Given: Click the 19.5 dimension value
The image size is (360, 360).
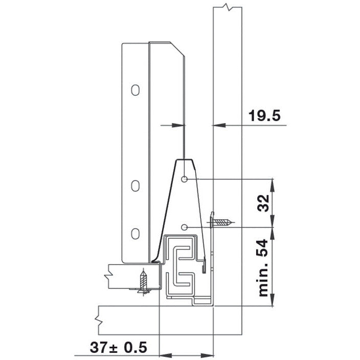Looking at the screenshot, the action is pyautogui.click(x=264, y=116).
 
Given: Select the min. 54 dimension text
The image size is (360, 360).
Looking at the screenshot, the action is pyautogui.click(x=263, y=268).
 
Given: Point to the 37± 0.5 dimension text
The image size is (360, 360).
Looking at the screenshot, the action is pyautogui.click(x=118, y=348).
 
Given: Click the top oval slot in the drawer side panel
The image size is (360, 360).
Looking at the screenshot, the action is pyautogui.click(x=135, y=90).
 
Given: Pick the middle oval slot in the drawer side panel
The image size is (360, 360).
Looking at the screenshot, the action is pyautogui.click(x=135, y=186).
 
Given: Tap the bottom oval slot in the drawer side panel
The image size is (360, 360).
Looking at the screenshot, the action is pyautogui.click(x=135, y=234).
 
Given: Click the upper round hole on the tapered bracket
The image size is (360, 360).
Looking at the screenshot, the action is pyautogui.click(x=185, y=179).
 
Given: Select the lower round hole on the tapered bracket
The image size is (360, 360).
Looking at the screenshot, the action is pyautogui.click(x=185, y=227).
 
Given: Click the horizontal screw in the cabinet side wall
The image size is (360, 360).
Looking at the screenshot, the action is pyautogui.click(x=221, y=222).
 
